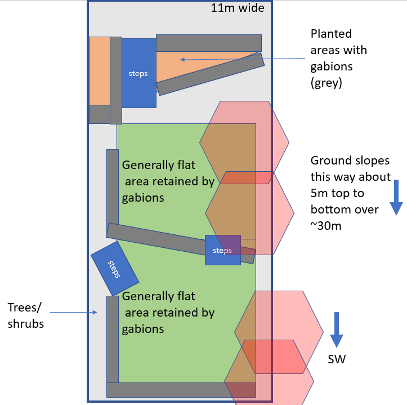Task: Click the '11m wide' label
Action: click(238, 8)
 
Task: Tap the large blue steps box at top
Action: click(139, 73)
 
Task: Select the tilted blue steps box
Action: click(115, 268)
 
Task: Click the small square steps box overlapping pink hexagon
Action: click(223, 250)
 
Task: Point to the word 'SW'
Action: click(337, 359)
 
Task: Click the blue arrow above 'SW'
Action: click(337, 330)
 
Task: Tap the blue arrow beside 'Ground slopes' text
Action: click(396, 198)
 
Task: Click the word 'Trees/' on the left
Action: click(24, 308)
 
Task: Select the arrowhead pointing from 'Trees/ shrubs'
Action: click(95, 312)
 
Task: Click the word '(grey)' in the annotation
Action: click(327, 83)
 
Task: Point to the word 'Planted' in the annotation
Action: click(331, 34)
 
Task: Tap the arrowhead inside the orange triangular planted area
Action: click(182, 60)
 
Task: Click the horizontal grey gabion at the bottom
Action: click(181, 390)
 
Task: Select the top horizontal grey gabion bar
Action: click(209, 43)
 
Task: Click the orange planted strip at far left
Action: click(100, 71)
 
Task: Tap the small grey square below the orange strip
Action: click(100, 114)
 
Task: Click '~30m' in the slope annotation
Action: click(326, 226)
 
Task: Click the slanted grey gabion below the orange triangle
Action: click(210, 74)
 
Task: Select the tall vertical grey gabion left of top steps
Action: click(116, 81)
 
